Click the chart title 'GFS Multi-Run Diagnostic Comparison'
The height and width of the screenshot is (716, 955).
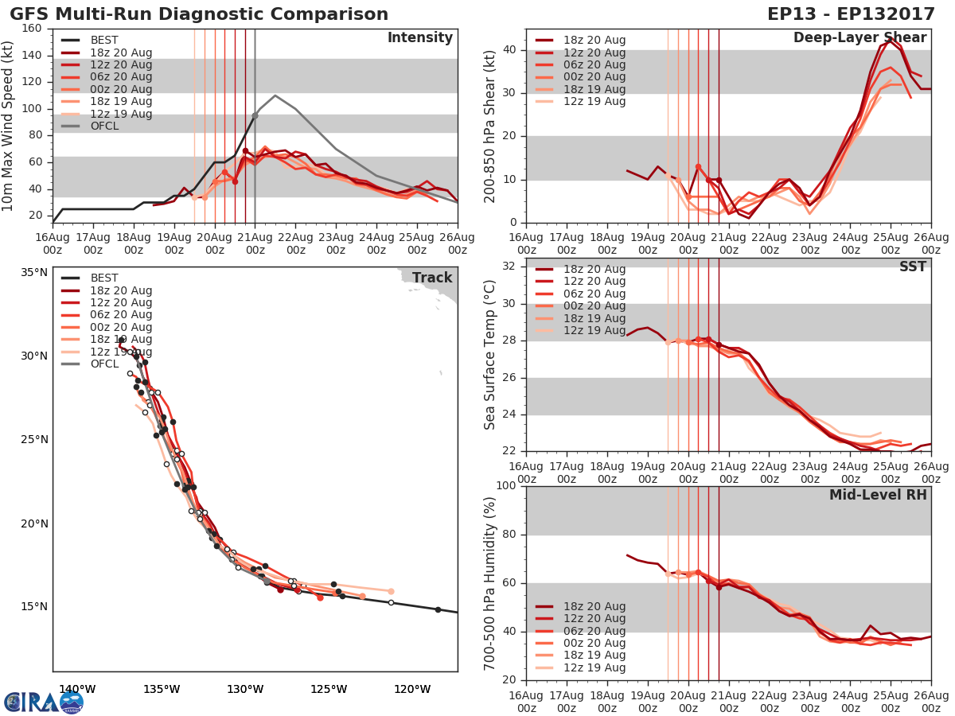point(199,14)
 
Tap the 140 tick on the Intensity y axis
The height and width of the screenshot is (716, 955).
point(34,55)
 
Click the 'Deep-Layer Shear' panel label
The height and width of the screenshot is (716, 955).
point(859,38)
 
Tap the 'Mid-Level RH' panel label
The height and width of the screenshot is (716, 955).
point(878,495)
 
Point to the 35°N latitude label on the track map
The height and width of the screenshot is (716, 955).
point(33,272)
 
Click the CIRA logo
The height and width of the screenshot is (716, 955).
point(43,702)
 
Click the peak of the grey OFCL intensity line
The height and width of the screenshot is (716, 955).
point(275,95)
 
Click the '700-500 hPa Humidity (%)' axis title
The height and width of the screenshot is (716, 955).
point(490,583)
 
